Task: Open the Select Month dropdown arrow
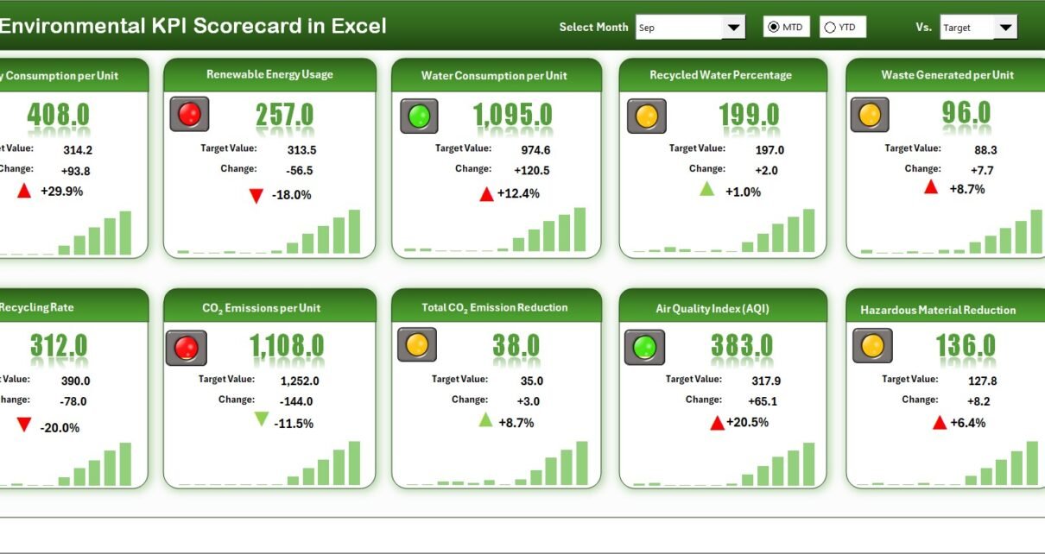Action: (x=733, y=28)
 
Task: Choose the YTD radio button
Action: (x=830, y=28)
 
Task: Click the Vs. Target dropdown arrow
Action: (x=1005, y=28)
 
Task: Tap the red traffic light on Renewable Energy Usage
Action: (x=189, y=114)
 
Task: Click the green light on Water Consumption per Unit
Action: (x=419, y=116)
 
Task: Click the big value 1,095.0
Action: (x=513, y=116)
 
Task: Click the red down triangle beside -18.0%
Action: (x=256, y=196)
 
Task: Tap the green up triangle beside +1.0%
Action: (x=706, y=189)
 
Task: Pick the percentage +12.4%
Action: (x=518, y=193)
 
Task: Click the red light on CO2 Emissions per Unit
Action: (x=187, y=348)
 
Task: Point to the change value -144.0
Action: (x=296, y=401)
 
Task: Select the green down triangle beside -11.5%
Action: (x=261, y=419)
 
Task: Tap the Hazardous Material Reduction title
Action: (x=938, y=310)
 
